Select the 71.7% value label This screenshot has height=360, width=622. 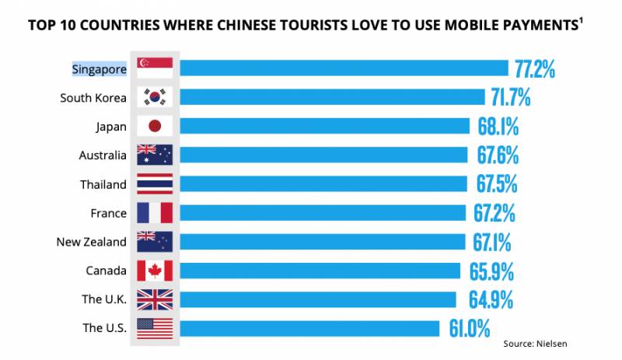pyautogui.click(x=510, y=97)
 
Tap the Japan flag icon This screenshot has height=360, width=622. pyautogui.click(x=154, y=126)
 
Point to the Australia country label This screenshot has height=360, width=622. pyautogui.click(x=103, y=156)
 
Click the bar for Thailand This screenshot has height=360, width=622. pyautogui.click(x=323, y=184)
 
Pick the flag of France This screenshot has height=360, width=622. pyautogui.click(x=154, y=213)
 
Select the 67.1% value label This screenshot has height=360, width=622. pyautogui.click(x=492, y=242)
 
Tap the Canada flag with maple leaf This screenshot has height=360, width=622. pyautogui.click(x=154, y=271)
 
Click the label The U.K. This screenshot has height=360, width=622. pyautogui.click(x=104, y=299)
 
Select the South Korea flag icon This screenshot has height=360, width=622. pyautogui.click(x=154, y=97)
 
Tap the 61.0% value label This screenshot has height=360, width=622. pyautogui.click(x=468, y=328)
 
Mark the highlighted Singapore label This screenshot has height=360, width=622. pyautogui.click(x=99, y=68)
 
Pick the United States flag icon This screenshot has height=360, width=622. pyautogui.click(x=154, y=328)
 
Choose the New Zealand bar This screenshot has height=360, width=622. pyautogui.click(x=322, y=242)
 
